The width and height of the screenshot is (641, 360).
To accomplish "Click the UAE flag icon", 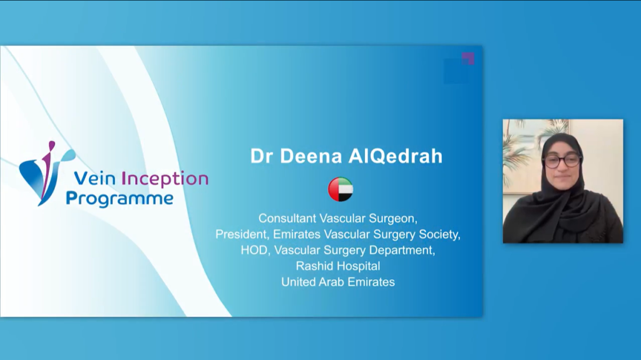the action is [x=341, y=190].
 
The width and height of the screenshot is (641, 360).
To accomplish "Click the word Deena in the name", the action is [x=309, y=157].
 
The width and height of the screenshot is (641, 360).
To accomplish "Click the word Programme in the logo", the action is [x=120, y=199].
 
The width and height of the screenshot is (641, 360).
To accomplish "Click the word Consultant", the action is [x=287, y=219].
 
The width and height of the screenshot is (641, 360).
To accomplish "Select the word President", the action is [x=242, y=234].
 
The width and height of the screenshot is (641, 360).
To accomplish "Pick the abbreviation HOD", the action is [x=255, y=250].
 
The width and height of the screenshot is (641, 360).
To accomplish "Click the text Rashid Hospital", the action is [x=338, y=266].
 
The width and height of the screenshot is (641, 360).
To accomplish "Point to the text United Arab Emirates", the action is [x=338, y=282].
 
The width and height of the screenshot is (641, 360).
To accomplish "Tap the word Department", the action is [x=403, y=250].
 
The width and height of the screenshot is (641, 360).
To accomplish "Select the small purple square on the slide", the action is [x=468, y=58].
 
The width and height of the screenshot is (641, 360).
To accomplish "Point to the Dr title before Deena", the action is [x=261, y=157].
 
